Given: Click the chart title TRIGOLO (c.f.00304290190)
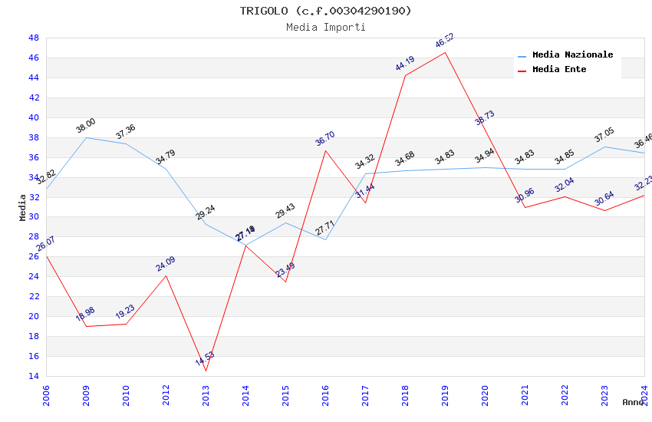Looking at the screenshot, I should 325,11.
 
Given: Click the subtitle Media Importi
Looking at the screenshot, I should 325,28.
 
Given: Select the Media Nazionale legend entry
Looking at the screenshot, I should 572,55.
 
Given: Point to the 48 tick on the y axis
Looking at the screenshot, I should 34,38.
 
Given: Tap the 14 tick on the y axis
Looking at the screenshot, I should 34,376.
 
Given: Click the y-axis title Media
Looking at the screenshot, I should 23,207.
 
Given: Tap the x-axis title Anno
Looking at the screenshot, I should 633,402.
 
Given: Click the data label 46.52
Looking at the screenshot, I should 445,41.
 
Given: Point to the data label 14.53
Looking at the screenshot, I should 205,358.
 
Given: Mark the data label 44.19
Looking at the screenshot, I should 405,64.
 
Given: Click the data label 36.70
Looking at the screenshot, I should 325,139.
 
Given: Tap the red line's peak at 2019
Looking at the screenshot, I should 445,52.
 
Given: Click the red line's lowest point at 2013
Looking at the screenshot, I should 206,371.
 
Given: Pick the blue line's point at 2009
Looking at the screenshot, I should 86,137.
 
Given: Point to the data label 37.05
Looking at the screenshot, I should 604,137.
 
